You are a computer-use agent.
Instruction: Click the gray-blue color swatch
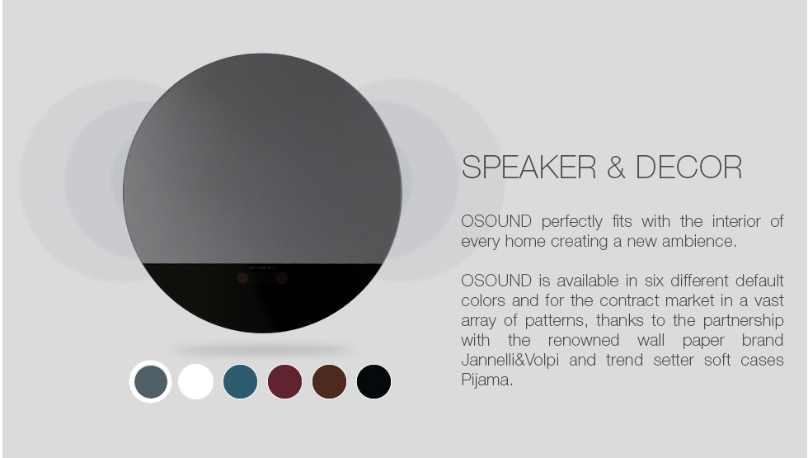150,381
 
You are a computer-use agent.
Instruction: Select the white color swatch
196,381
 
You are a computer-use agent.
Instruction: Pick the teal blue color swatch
240,381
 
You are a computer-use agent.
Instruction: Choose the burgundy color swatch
285,381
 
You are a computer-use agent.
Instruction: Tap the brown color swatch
329,381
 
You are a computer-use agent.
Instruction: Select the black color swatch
373,381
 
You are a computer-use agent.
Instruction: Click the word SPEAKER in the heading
528,167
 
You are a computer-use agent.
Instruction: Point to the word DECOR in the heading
689,167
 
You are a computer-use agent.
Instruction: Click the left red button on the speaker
242,279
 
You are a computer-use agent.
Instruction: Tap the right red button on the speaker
281,279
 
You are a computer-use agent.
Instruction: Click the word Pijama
487,380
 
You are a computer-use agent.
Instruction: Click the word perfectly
572,222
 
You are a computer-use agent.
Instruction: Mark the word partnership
743,321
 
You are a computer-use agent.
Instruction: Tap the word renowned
584,340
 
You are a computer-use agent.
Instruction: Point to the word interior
736,221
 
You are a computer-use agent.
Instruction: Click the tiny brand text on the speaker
262,267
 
